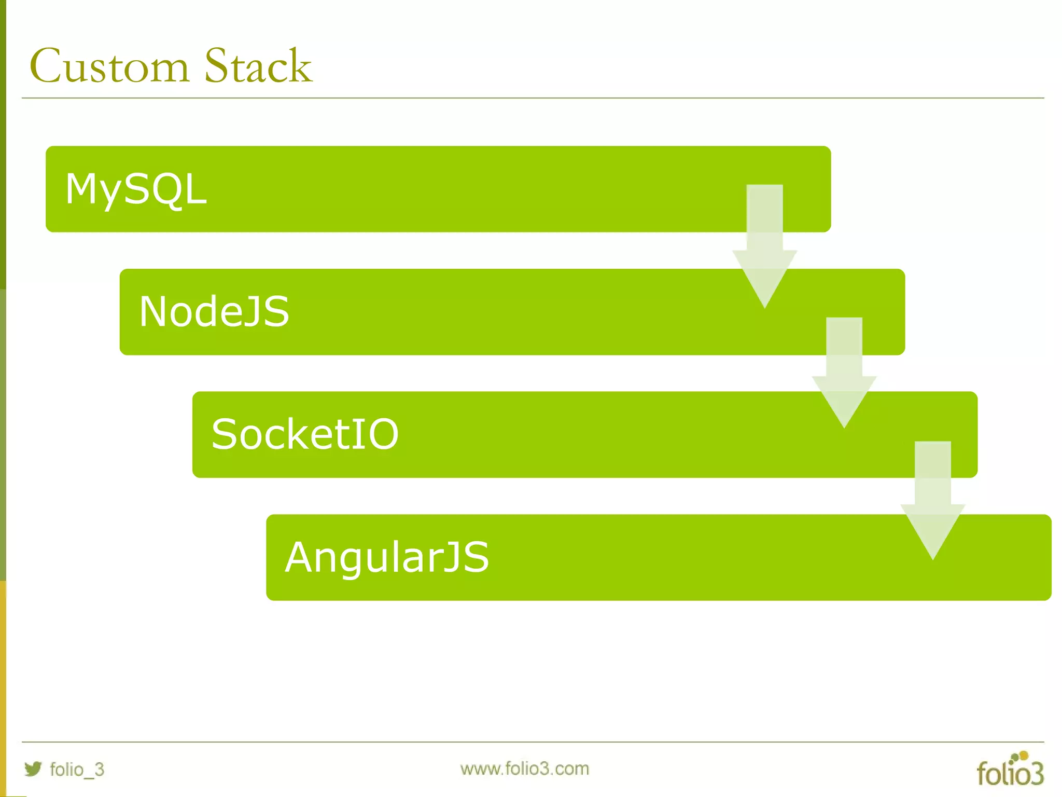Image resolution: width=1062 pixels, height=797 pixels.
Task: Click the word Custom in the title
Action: [109, 66]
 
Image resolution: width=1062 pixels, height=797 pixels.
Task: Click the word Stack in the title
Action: [258, 66]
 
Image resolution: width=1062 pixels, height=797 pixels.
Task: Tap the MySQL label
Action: [136, 189]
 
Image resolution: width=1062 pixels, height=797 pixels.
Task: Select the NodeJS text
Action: [214, 312]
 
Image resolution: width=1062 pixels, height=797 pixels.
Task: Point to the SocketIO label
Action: [305, 434]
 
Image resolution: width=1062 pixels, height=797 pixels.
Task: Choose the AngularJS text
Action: [387, 557]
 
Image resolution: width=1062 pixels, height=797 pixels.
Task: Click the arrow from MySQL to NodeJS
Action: [764, 244]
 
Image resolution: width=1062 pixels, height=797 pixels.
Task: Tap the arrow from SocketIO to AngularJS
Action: [932, 498]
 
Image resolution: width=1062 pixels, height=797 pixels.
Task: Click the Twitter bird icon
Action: [33, 768]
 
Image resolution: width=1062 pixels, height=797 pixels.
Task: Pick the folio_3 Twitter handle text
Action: [77, 769]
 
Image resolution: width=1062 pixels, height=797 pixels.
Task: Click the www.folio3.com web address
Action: [524, 768]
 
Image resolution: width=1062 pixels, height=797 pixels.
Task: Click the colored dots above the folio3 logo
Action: [1020, 757]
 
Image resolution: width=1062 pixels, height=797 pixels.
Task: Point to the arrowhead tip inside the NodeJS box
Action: [764, 304]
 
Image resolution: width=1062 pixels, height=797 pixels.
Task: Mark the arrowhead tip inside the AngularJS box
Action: [932, 555]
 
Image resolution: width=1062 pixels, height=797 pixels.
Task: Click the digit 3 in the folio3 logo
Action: [1035, 774]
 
